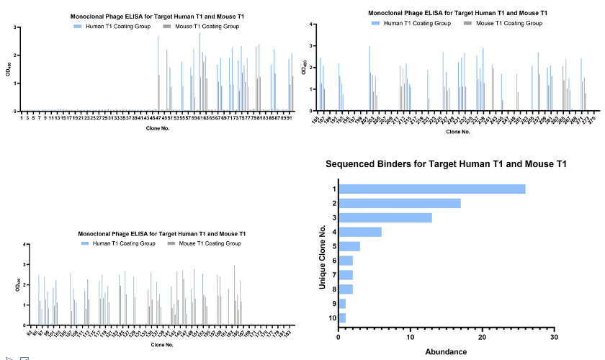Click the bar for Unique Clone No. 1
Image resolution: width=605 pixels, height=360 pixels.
pos(432,189)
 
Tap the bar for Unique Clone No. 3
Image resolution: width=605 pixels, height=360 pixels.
pos(385,217)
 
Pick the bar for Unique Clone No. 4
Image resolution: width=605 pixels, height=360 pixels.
pos(360,231)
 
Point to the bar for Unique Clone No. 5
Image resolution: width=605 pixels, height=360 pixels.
pos(349,246)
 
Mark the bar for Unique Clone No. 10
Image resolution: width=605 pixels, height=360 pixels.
pos(342,318)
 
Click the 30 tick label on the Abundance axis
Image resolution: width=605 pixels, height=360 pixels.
pos(553,337)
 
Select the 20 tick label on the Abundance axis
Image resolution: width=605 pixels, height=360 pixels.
pos(482,337)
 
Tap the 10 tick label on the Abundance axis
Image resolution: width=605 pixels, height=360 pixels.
pos(410,337)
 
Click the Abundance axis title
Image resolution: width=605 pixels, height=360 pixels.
pos(446,352)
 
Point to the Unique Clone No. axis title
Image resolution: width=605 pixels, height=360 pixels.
pos(323,253)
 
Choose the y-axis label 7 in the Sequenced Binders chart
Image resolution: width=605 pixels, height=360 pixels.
pos(333,274)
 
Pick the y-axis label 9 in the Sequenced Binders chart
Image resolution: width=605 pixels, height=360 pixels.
pos(333,303)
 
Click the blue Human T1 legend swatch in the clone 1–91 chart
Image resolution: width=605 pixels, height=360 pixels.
pos(77,26)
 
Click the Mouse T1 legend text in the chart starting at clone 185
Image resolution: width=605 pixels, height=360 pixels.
pos(509,23)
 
